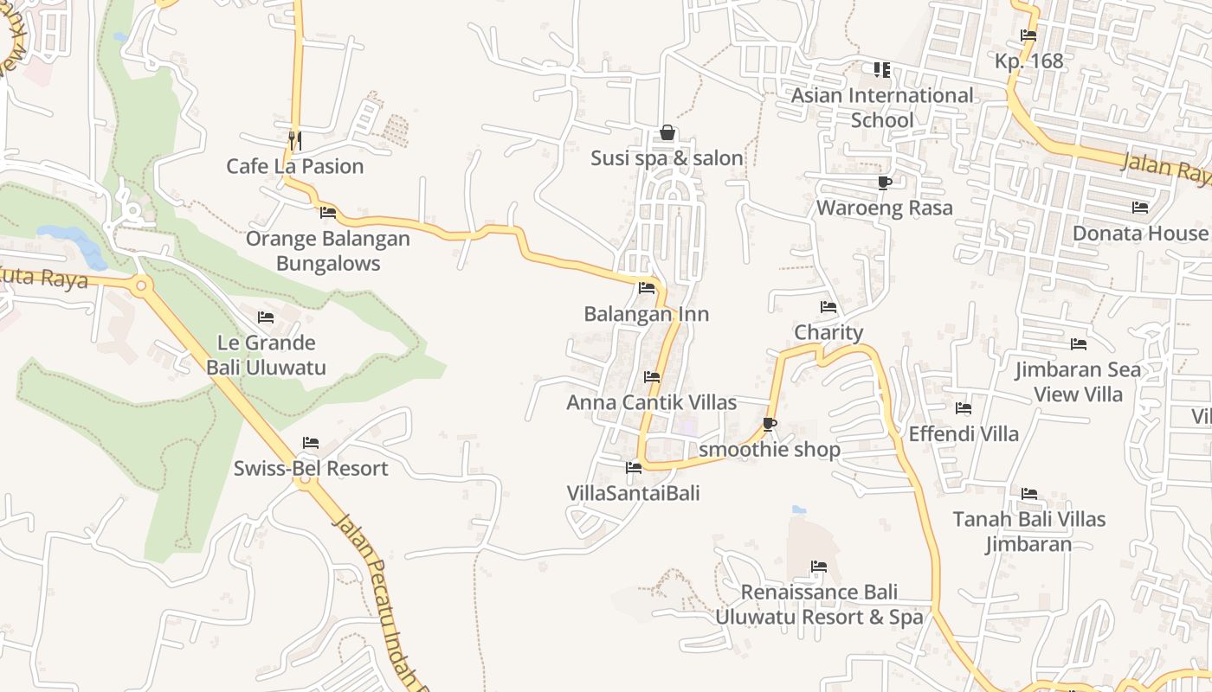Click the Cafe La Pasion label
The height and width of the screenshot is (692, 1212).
coord(294,166)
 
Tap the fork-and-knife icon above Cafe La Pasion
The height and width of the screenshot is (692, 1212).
coord(294,138)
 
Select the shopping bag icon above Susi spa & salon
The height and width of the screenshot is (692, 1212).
coord(667,132)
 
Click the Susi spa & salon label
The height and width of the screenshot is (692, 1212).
coord(667,158)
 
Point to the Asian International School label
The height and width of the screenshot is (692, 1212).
coord(882,107)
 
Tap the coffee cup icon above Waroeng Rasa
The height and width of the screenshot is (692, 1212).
coord(884,183)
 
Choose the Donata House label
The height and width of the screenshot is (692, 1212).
coord(1139,234)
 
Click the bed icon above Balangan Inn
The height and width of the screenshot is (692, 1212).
coord(647,288)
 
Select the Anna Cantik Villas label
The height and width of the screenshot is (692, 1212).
coord(651,402)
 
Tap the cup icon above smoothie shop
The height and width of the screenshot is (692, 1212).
coord(769,424)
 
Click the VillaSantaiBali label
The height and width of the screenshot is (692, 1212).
coord(633,493)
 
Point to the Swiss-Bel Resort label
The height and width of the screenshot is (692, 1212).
coord(311,468)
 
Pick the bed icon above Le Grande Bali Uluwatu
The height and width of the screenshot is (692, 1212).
coord(266,317)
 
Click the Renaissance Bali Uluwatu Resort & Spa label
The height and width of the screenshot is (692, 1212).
coord(819,605)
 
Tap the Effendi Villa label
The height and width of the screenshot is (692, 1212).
coord(964,433)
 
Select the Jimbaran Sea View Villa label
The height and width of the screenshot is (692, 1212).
coord(1078,382)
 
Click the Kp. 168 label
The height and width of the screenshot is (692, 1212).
coord(1028,61)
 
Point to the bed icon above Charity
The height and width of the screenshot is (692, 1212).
coord(828,307)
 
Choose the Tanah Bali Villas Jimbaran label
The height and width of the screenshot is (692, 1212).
coord(1029,531)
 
